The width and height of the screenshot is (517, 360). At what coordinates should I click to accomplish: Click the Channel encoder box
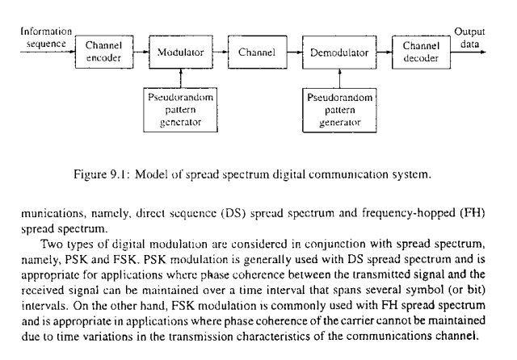pyautogui.click(x=103, y=52)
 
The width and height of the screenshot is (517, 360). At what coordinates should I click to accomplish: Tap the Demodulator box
pyautogui.click(x=339, y=52)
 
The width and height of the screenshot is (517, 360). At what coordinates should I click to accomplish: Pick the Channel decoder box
pyautogui.click(x=420, y=52)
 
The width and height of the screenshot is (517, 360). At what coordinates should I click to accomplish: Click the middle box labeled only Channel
pyautogui.click(x=258, y=52)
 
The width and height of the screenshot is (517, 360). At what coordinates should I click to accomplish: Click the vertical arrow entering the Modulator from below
pyautogui.click(x=181, y=77)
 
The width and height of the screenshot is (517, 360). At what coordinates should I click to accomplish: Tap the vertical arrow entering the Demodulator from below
pyautogui.click(x=339, y=79)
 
